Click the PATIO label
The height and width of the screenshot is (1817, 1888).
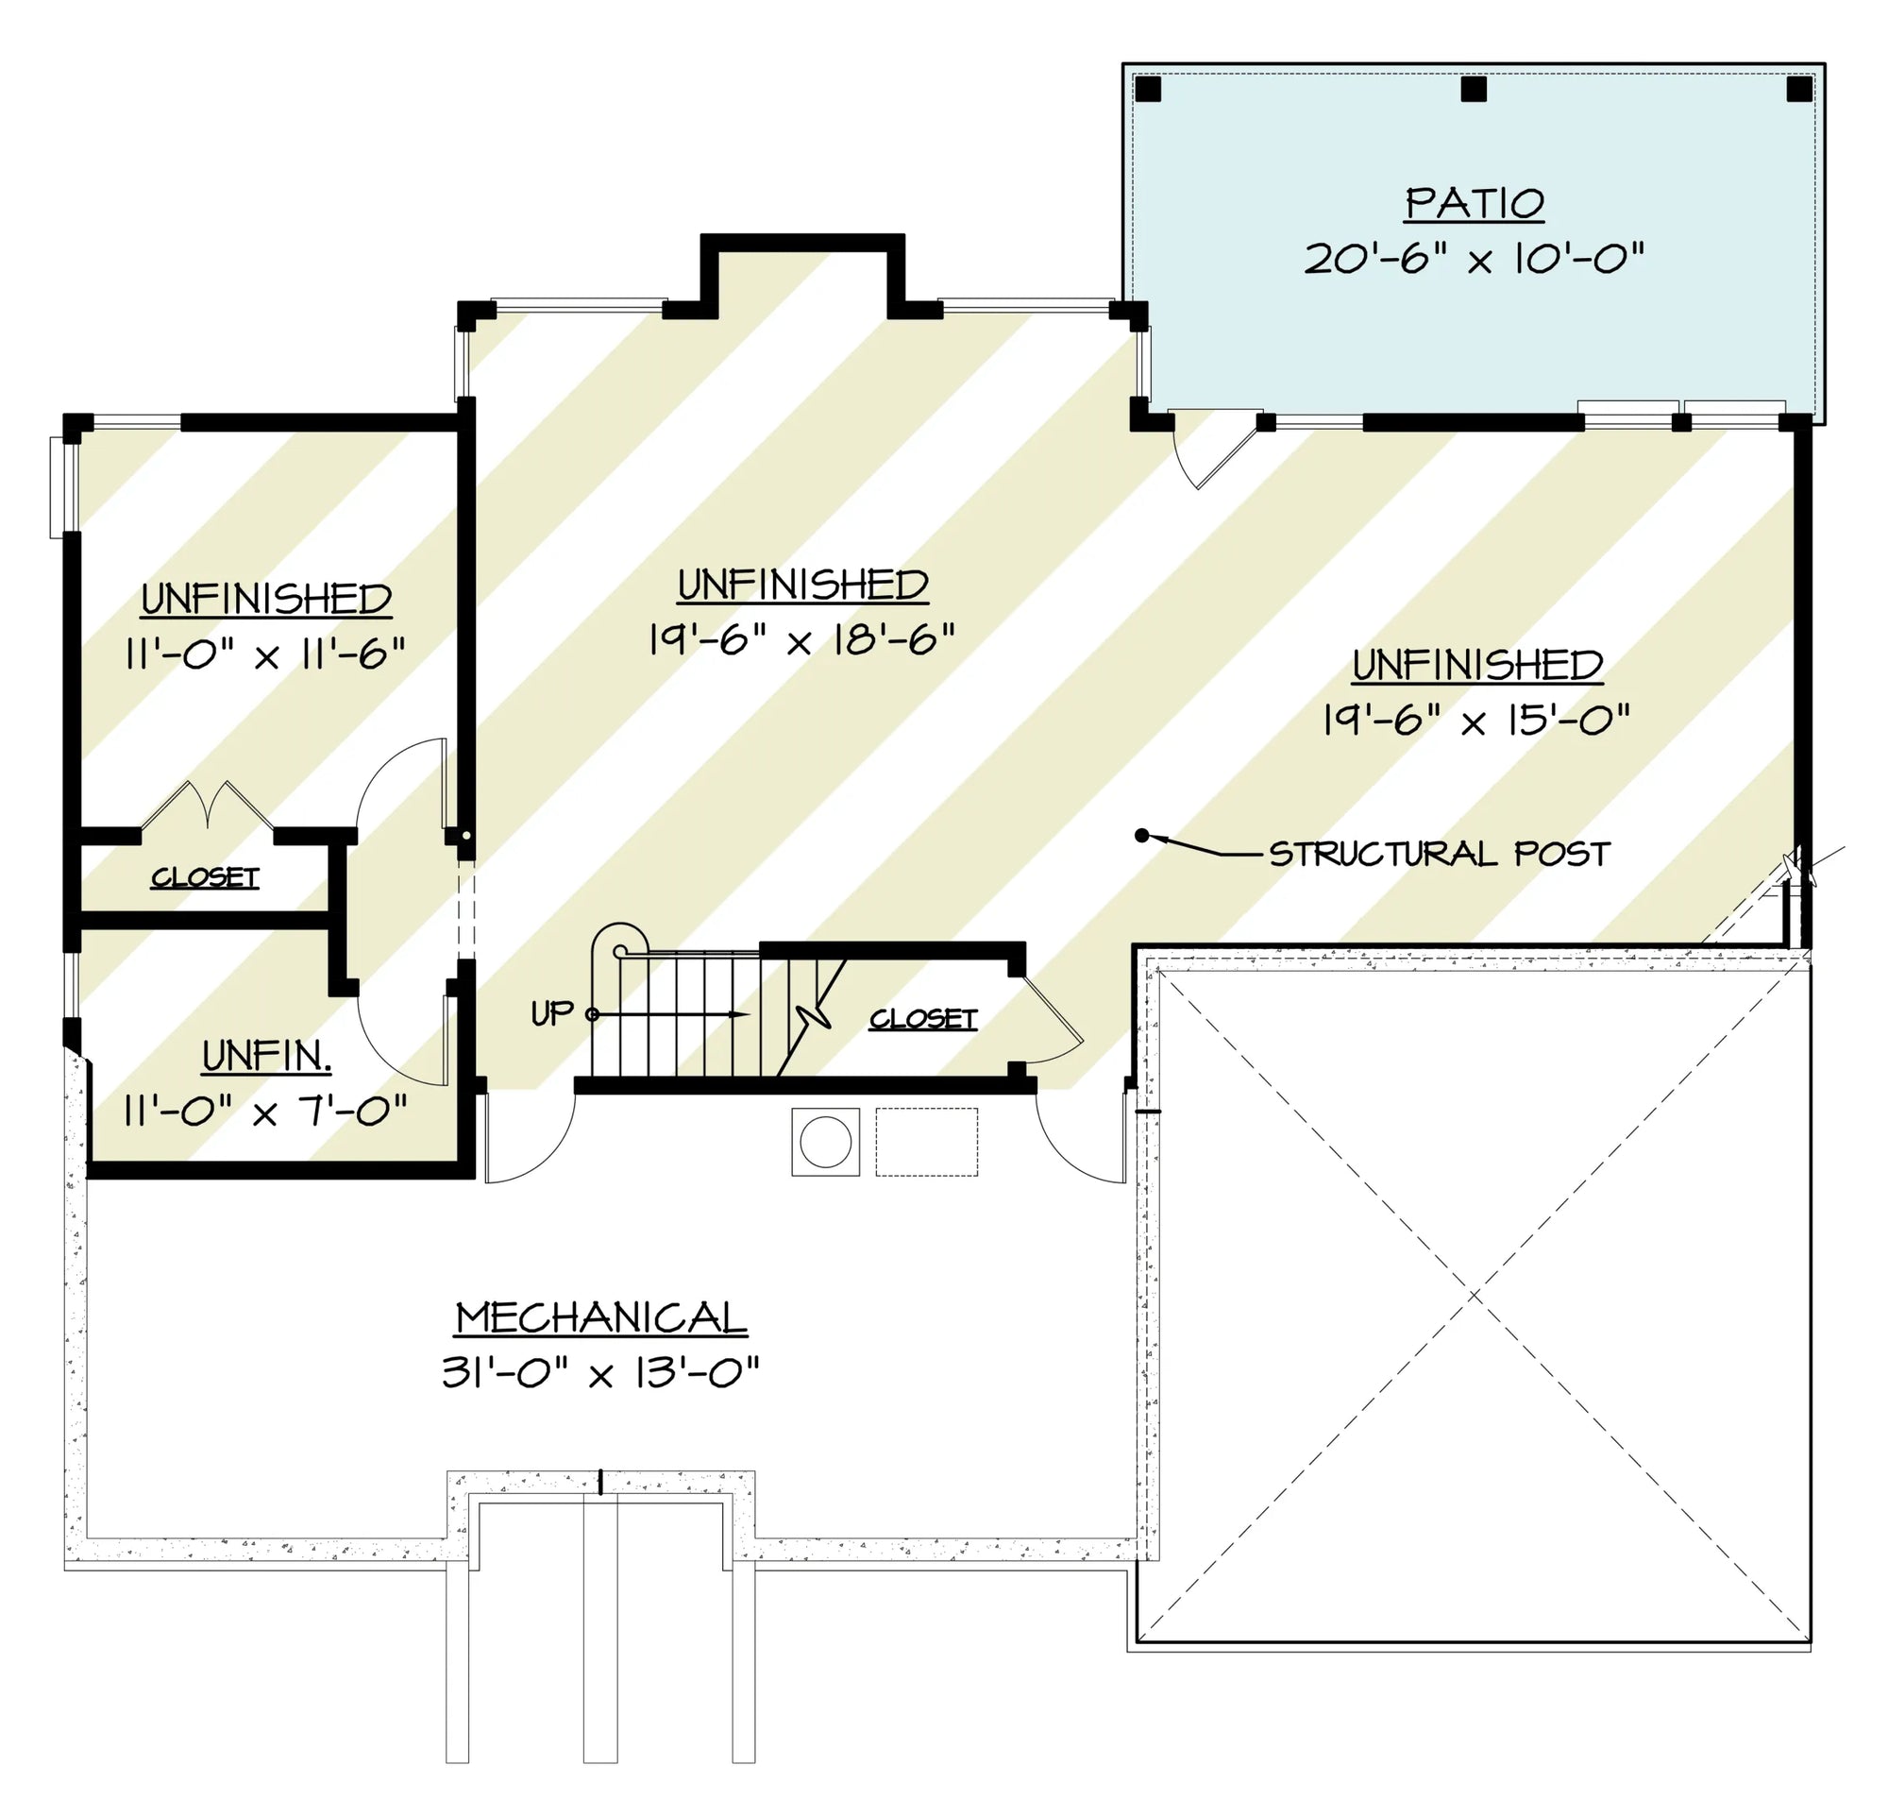pos(1475,204)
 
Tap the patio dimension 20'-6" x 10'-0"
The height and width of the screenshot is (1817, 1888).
pos(1474,259)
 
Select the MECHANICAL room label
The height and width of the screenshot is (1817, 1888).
pos(601,1318)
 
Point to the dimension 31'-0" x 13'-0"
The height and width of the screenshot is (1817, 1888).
pos(601,1373)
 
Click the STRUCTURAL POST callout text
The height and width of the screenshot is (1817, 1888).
pos(1439,854)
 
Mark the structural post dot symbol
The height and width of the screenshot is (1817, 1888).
pos(1141,835)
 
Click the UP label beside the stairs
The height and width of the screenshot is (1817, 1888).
pos(552,1012)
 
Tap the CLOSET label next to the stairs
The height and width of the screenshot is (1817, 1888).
pos(923,1019)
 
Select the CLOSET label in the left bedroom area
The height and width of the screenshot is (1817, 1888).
pos(205,877)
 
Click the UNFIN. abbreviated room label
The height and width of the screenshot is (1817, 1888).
pos(267,1057)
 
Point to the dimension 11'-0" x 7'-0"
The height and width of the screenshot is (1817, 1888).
pos(266,1112)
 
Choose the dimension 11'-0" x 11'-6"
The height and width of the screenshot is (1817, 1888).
pos(266,654)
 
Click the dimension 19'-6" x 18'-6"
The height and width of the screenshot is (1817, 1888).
pos(801,638)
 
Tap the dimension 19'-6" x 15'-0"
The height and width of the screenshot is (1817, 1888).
pos(1476,719)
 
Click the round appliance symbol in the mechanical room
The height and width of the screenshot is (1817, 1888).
pos(825,1143)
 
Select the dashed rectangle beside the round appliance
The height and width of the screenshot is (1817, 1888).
pos(927,1143)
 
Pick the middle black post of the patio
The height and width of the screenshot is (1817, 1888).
pos(1474,90)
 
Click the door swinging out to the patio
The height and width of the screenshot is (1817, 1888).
pos(1216,449)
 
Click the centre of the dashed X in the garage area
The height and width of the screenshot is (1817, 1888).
pos(1474,1297)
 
